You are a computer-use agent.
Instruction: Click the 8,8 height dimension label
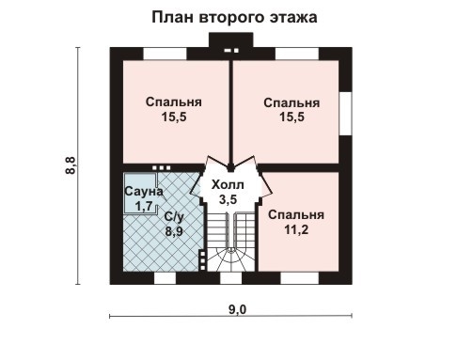(x=71, y=166)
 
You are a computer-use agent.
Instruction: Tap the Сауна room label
(x=144, y=192)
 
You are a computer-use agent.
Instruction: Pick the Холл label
(x=227, y=185)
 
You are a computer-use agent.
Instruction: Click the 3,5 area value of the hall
(x=227, y=199)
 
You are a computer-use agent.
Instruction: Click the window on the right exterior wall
(x=345, y=118)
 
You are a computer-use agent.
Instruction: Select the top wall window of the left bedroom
(x=156, y=51)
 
